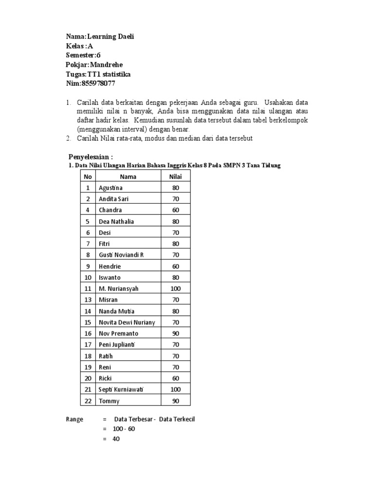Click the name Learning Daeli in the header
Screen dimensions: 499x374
click(110, 37)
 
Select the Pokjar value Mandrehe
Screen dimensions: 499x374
click(108, 65)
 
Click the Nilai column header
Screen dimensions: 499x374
click(175, 176)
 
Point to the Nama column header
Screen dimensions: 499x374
click(128, 176)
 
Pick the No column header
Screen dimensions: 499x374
click(88, 176)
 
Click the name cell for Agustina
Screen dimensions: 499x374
click(111, 188)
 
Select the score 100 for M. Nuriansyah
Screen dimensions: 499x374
click(175, 288)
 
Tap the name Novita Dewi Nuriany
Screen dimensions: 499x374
click(127, 322)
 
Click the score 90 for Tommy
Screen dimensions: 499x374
click(175, 401)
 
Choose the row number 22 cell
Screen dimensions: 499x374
click(88, 401)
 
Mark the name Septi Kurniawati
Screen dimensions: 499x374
click(122, 390)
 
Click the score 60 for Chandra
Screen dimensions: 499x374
click(175, 210)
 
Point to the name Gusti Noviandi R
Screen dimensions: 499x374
click(121, 255)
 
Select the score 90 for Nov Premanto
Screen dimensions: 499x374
click(175, 334)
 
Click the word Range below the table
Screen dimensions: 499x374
click(75, 419)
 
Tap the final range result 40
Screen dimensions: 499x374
click(115, 439)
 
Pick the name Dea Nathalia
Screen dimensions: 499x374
click(116, 221)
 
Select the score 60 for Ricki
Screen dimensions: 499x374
click(175, 379)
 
